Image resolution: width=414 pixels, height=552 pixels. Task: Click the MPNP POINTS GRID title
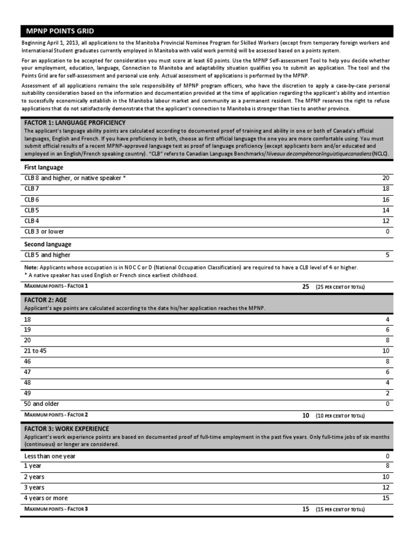pos(60,31)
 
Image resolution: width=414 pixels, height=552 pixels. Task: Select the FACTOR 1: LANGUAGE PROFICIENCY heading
pos(75,123)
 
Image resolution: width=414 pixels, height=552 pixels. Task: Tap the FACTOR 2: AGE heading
pos(45,299)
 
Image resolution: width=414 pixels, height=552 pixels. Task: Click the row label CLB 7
pos(32,189)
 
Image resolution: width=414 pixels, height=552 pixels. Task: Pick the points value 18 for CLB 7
pos(385,189)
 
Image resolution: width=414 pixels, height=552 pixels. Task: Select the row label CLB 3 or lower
pos(44,231)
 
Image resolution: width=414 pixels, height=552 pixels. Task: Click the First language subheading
pos(44,167)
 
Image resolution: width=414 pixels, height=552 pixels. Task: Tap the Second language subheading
pos(48,244)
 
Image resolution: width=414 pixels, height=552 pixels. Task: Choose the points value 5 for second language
pos(387,255)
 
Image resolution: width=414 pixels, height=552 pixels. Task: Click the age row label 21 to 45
pos(36,350)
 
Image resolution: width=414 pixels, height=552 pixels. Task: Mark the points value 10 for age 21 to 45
pos(385,350)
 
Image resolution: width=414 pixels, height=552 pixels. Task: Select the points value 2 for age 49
pos(387,393)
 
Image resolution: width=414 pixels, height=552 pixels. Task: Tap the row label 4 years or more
pos(46,498)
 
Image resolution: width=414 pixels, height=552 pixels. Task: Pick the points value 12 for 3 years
pos(385,488)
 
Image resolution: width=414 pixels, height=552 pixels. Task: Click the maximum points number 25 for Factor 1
pos(306,287)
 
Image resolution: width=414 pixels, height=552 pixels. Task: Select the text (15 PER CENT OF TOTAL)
pos(340,509)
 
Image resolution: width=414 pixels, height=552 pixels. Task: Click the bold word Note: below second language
pos(31,267)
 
